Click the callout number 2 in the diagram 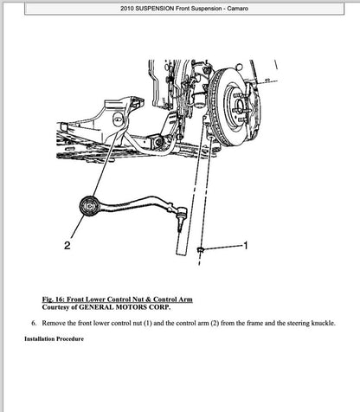pyautogui.click(x=67, y=246)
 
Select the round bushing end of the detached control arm pyautogui.click(x=88, y=206)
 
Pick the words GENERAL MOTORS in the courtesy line pyautogui.click(x=120, y=306)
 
